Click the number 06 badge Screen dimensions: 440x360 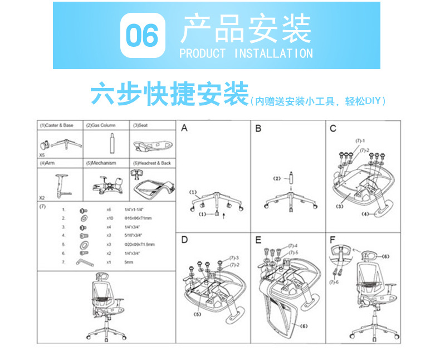click(143, 36)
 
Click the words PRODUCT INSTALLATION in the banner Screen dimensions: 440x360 click(246, 54)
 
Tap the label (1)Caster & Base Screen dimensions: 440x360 click(57, 125)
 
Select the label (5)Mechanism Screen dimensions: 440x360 click(101, 163)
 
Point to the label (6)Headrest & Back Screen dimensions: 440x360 click(151, 163)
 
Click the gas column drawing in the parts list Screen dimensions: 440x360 click(111, 143)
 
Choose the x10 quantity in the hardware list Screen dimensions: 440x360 click(110, 218)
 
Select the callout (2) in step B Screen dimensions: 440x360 click(277, 178)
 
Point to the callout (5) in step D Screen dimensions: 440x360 click(197, 314)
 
